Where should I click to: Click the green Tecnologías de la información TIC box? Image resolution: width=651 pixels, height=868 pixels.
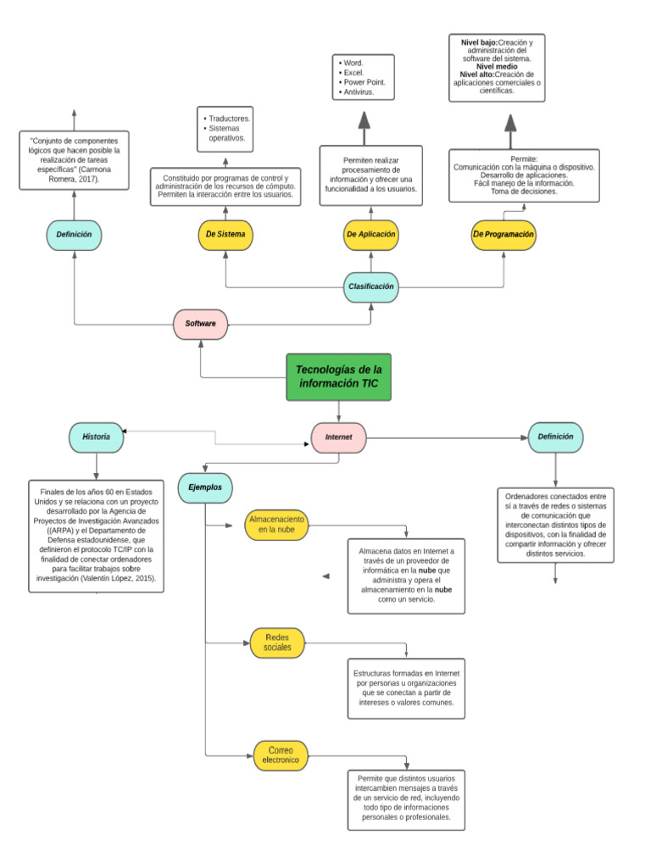click(338, 377)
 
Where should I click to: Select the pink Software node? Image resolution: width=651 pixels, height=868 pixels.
click(201, 324)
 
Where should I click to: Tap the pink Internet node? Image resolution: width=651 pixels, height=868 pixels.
click(339, 437)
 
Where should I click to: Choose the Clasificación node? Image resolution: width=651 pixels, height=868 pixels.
click(371, 287)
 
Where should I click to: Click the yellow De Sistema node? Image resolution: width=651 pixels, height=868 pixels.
click(225, 234)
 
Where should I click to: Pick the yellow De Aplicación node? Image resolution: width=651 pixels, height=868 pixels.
click(371, 234)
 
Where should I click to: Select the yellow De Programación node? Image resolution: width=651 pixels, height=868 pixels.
click(504, 234)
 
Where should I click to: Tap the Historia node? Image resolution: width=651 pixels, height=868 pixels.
click(96, 437)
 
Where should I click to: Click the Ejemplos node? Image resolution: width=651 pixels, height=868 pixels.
click(205, 487)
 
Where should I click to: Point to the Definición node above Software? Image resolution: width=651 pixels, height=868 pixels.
click(74, 234)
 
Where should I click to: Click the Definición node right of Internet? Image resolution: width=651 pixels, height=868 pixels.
click(555, 437)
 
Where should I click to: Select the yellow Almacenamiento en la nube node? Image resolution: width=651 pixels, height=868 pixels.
click(276, 524)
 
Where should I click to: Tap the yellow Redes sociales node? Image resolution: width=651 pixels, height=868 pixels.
click(277, 642)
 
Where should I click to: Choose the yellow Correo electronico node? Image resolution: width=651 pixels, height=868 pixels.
click(281, 755)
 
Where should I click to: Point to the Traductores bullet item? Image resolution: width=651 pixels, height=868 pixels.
click(229, 119)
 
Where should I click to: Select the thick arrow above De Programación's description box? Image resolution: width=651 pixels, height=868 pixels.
click(510, 125)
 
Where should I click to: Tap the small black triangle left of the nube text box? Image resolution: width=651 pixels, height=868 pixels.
click(325, 576)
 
